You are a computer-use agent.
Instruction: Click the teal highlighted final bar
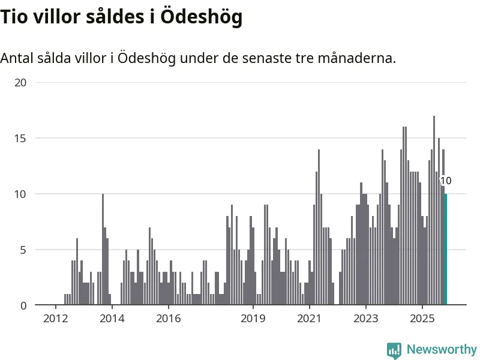pos(446,250)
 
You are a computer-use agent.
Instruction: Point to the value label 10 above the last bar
pos(446,181)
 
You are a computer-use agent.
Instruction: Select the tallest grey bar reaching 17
pos(434,210)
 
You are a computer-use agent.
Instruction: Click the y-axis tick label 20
pos(20,82)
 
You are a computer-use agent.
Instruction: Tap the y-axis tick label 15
pos(20,138)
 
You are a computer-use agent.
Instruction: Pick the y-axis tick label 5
pos(23,250)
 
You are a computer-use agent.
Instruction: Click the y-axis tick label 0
pos(23,305)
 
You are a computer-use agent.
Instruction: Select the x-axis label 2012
pos(55,318)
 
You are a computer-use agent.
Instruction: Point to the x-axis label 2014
pos(112,318)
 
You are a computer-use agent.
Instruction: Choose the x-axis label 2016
pos(168,318)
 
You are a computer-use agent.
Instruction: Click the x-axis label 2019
pos(253,318)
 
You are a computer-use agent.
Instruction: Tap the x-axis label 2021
pos(309,318)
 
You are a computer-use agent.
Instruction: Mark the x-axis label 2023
pos(365,318)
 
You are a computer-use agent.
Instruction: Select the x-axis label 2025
pos(422,318)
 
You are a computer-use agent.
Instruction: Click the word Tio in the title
pos(14,17)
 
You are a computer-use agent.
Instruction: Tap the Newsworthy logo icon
pos(394,350)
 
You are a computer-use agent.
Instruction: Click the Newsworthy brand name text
pos(442,349)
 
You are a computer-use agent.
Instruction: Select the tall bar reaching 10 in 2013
pos(103,250)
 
